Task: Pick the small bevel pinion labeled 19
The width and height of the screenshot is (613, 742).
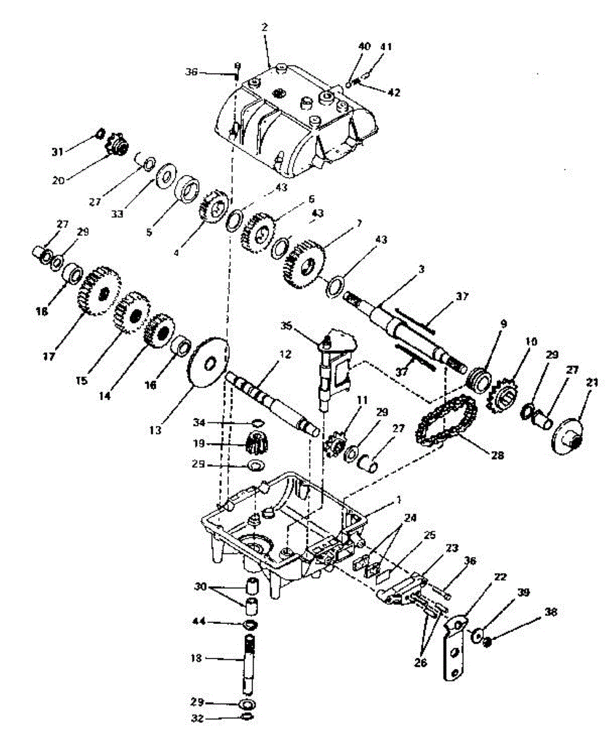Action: tap(256, 443)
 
